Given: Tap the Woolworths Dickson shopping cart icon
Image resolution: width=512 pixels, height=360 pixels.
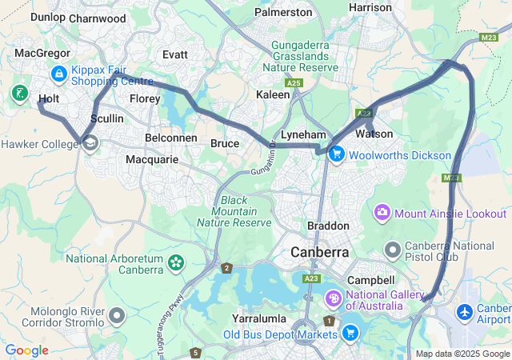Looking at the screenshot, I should [336, 155].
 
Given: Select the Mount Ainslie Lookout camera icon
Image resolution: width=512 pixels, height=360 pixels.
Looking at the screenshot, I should [382, 214].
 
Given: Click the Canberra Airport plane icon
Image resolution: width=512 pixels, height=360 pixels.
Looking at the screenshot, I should [465, 310].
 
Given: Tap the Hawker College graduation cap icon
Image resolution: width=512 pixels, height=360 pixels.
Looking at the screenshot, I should [90, 143].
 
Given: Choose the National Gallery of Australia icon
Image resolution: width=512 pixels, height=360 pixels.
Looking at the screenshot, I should [333, 298].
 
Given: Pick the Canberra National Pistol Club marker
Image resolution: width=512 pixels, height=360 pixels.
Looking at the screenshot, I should [393, 251].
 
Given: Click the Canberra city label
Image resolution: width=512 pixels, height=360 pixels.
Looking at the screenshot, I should [319, 252].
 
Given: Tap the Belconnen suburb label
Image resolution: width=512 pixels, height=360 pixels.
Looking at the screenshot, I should [171, 138].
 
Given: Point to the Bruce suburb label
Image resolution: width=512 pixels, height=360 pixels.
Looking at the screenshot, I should [224, 143].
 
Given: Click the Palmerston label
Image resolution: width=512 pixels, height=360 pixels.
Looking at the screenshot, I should [283, 12].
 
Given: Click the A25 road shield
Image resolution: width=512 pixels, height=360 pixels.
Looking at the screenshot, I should [294, 82].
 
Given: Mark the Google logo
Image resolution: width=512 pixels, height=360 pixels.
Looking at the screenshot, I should [26, 350].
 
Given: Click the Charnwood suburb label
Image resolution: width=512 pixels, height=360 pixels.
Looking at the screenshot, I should [98, 18].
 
